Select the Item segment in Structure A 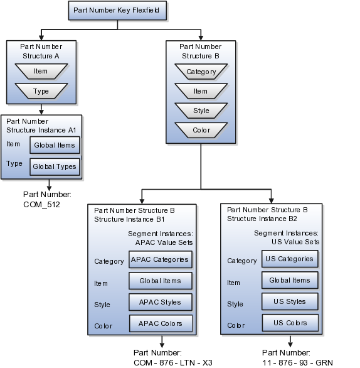tap(41, 72)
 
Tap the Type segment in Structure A tap(41, 92)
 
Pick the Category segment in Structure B tap(201, 72)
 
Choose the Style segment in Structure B tap(201, 111)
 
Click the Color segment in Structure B tap(201, 131)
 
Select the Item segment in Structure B tap(201, 92)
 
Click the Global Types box tap(55, 166)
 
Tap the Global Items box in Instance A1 tap(55, 145)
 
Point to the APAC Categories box tap(159, 259)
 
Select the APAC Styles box tap(159, 302)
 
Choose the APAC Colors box tap(159, 323)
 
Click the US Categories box tap(290, 259)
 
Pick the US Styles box tap(290, 301)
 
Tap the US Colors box tap(290, 323)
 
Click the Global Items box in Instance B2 tap(290, 280)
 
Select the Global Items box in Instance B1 tap(159, 281)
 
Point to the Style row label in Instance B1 tap(102, 305)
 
